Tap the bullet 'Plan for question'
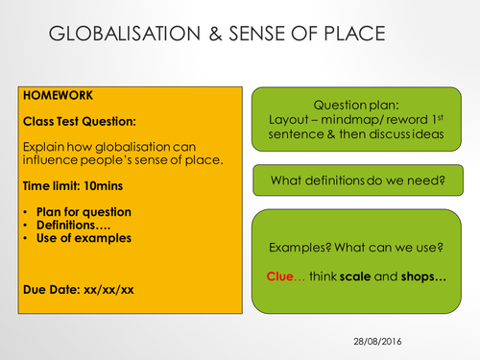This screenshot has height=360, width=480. (x=85, y=211)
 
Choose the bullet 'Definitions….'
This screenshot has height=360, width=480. (x=73, y=225)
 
